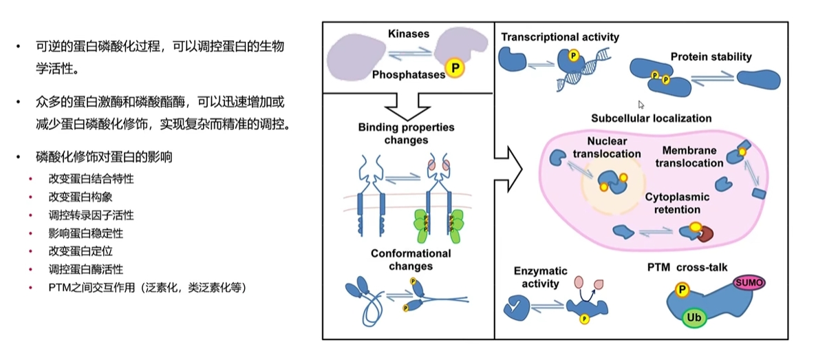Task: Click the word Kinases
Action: (409, 33)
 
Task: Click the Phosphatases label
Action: (409, 74)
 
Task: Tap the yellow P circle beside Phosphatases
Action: (454, 67)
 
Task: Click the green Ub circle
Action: (693, 318)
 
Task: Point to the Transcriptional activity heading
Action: (560, 36)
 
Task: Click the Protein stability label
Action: (711, 57)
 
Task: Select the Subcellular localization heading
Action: (651, 118)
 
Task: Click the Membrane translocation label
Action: (689, 157)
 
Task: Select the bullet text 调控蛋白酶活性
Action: (86, 269)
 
